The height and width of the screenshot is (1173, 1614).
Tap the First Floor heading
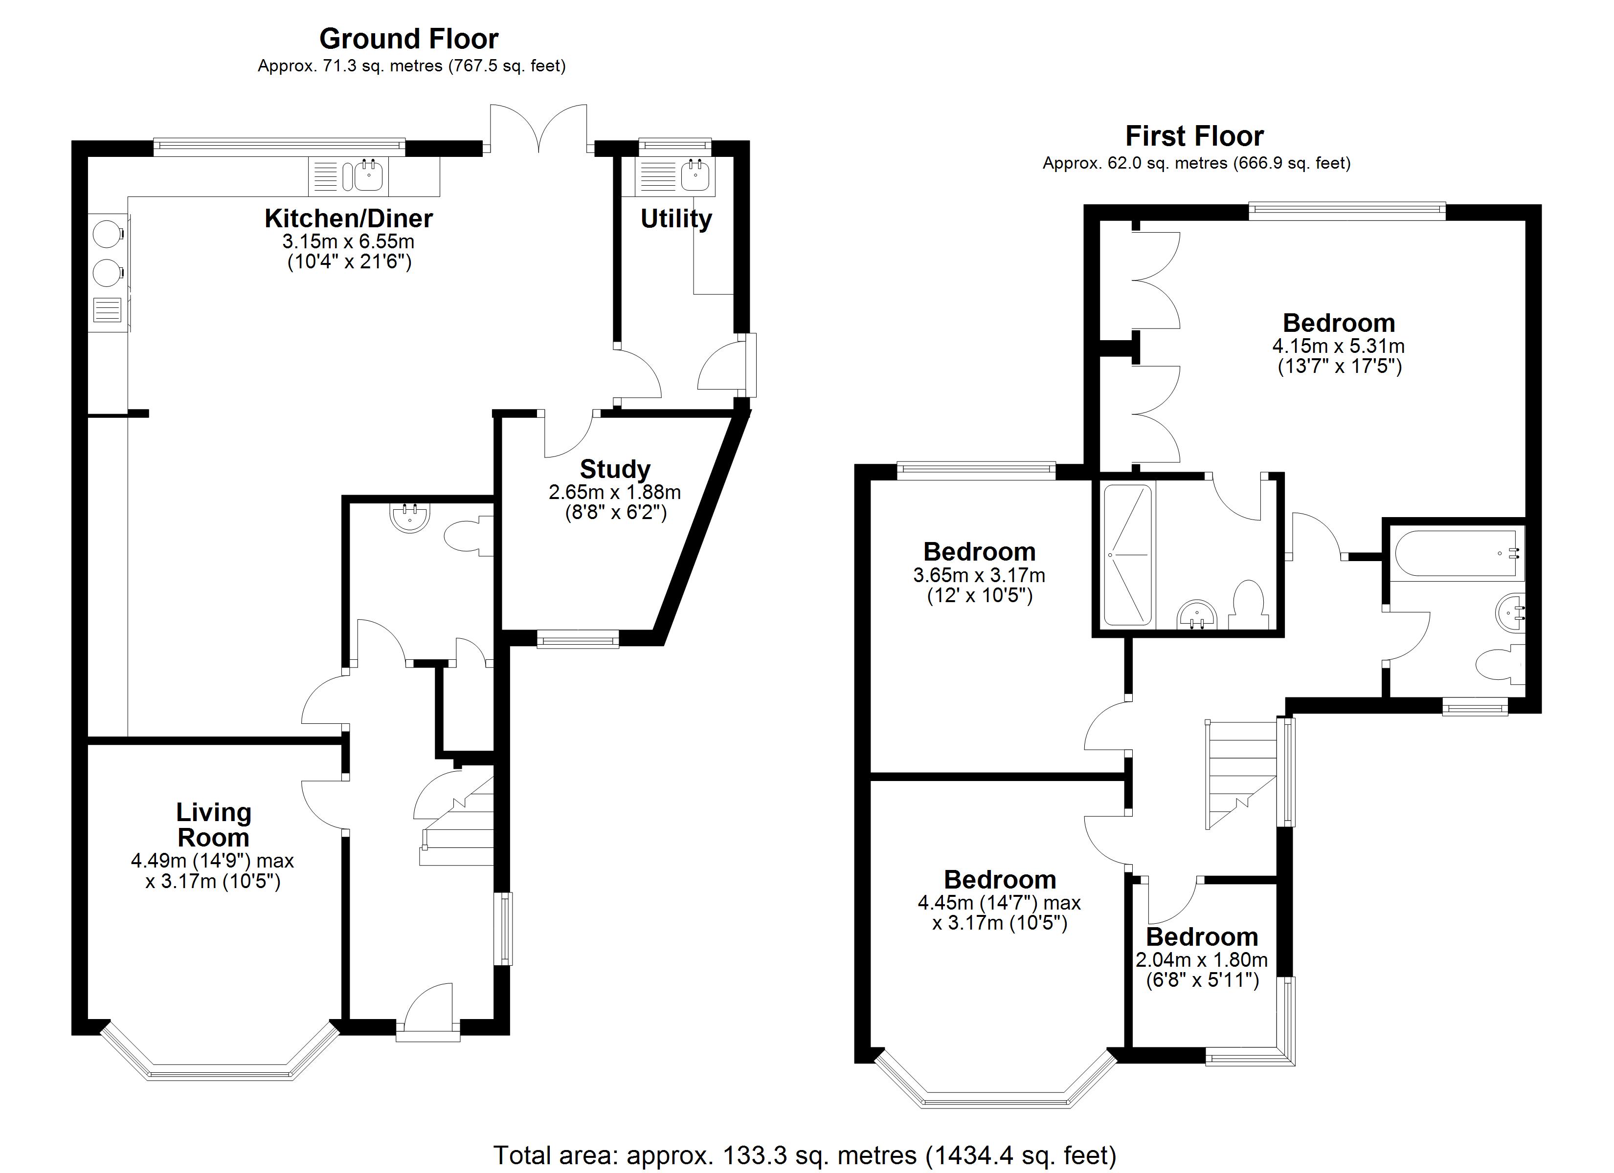(x=1194, y=136)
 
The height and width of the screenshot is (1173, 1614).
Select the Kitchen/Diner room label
(x=349, y=218)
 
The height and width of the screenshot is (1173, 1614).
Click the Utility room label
(x=675, y=218)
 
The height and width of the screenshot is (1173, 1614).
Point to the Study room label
(x=615, y=470)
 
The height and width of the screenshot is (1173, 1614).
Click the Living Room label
(x=214, y=825)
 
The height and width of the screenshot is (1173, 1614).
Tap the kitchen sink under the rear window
(x=369, y=175)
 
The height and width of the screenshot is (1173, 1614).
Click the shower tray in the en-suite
(x=1126, y=555)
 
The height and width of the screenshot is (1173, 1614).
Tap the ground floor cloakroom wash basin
(x=410, y=517)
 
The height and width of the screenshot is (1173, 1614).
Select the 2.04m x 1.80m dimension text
(x=1201, y=959)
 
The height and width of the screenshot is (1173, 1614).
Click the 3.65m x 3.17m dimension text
(x=979, y=575)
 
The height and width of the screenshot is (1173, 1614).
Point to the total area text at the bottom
(x=804, y=1154)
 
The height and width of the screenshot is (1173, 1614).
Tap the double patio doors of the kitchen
(x=538, y=128)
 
